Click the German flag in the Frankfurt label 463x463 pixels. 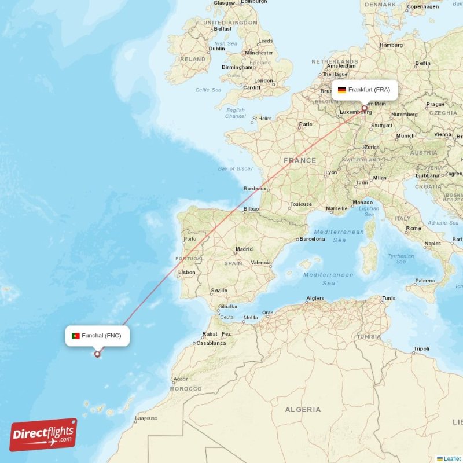[x=342, y=90]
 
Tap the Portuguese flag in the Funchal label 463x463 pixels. [x=75, y=336]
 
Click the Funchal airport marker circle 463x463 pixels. [x=97, y=354]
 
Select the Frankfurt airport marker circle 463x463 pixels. [x=365, y=108]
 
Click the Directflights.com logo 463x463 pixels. [x=43, y=435]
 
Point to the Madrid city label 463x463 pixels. [x=244, y=249]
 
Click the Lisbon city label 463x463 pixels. [x=186, y=272]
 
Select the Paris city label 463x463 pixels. [x=305, y=124]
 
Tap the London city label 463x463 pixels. [x=263, y=80]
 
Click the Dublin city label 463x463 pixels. [x=216, y=49]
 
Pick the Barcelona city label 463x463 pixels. [x=312, y=239]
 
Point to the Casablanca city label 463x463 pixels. [x=211, y=343]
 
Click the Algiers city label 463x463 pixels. [x=315, y=298]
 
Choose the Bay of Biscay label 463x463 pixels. [x=236, y=168]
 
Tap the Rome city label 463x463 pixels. [x=413, y=228]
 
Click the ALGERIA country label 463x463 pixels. [x=303, y=409]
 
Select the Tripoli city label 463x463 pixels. [x=421, y=348]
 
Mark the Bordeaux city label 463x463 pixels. [x=255, y=188]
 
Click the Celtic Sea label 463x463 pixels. [x=208, y=90]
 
